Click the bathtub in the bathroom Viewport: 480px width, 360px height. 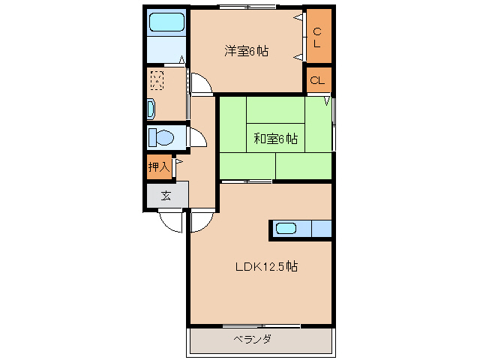tap(166, 22)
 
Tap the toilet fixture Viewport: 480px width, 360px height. tap(162, 138)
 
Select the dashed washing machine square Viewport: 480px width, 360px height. tap(157, 79)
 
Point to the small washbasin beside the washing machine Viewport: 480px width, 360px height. tap(151, 109)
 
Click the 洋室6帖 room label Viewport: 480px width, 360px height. tap(247, 52)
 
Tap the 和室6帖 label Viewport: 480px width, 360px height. tap(275, 139)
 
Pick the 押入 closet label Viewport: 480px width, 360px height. tap(158, 167)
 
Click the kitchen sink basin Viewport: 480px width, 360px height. tap(289, 229)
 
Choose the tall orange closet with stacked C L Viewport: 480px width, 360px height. tap(317, 37)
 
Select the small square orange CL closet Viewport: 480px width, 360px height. tap(317, 80)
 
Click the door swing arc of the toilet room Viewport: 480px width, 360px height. tap(196, 137)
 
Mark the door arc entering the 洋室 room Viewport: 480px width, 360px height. tap(200, 83)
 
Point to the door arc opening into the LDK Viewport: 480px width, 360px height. tap(200, 221)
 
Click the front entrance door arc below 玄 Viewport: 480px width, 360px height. tap(172, 221)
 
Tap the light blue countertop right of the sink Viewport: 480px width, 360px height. tap(320, 229)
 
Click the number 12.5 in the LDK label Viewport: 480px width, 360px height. tap(277, 266)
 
